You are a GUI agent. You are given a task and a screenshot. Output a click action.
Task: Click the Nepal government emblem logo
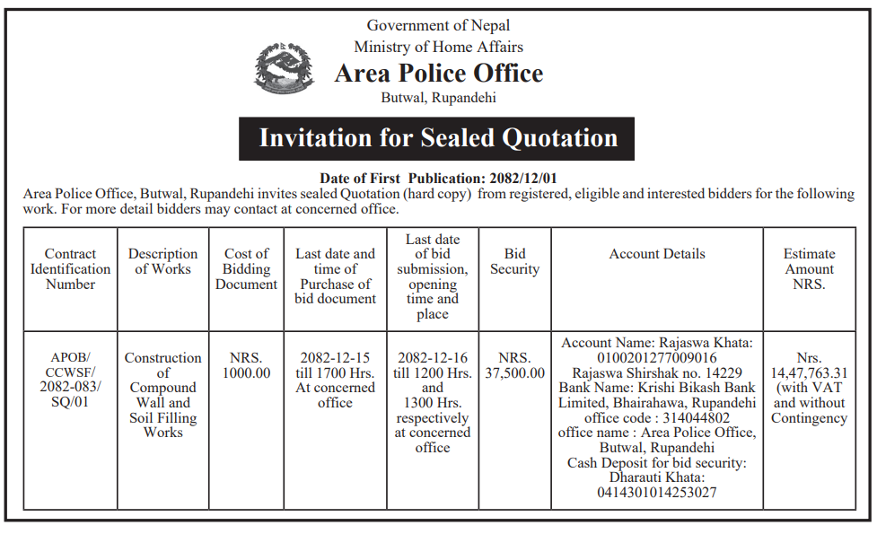pyautogui.click(x=285, y=68)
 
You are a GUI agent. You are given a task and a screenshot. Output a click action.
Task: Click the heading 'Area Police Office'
pyautogui.click(x=438, y=73)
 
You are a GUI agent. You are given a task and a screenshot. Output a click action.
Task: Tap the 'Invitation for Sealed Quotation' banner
pyautogui.click(x=437, y=138)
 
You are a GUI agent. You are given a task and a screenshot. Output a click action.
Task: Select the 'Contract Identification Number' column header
pyautogui.click(x=70, y=269)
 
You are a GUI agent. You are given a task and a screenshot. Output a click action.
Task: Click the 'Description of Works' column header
pyautogui.click(x=162, y=261)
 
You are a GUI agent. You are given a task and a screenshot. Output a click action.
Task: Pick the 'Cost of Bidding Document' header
pyautogui.click(x=246, y=269)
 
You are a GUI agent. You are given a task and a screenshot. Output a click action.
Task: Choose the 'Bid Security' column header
pyautogui.click(x=514, y=261)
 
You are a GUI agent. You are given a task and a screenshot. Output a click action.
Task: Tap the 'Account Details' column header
pyautogui.click(x=657, y=254)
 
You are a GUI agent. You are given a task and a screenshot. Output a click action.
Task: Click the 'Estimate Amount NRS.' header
pyautogui.click(x=809, y=269)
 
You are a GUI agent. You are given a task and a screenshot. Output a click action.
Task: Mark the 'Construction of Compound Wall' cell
pyautogui.click(x=162, y=395)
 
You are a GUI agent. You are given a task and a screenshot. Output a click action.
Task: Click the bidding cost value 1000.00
pyautogui.click(x=246, y=373)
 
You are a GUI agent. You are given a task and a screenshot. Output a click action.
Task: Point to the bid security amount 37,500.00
pyautogui.click(x=514, y=373)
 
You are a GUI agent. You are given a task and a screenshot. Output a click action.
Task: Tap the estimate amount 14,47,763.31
pyautogui.click(x=809, y=373)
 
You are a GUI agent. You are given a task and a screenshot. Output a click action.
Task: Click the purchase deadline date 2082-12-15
pyautogui.click(x=335, y=358)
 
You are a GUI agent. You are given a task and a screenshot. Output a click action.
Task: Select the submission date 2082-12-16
pyautogui.click(x=433, y=358)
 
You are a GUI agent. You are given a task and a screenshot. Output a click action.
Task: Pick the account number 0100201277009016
pyautogui.click(x=657, y=358)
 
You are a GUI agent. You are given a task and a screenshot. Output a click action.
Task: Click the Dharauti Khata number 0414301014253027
pyautogui.click(x=657, y=493)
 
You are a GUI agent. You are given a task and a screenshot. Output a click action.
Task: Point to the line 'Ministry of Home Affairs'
pyautogui.click(x=438, y=47)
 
